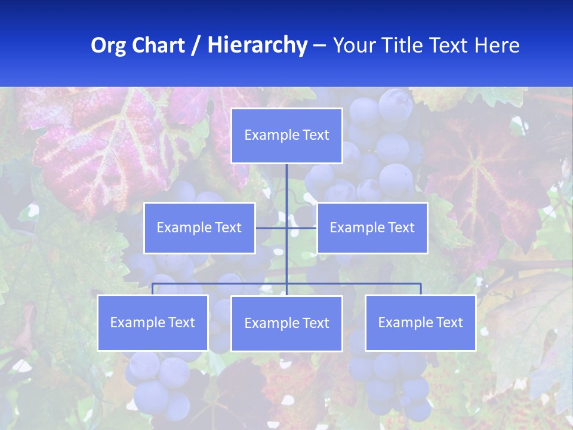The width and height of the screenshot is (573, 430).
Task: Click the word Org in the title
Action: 109,46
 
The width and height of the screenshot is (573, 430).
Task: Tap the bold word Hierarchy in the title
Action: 257,46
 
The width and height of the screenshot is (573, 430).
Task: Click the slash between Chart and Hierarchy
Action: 196,46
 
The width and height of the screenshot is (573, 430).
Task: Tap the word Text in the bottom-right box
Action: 449,323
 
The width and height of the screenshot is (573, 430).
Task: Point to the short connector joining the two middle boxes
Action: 272,228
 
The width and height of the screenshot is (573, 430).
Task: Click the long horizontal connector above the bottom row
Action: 221,284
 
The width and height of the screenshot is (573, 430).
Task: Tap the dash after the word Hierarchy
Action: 319,46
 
